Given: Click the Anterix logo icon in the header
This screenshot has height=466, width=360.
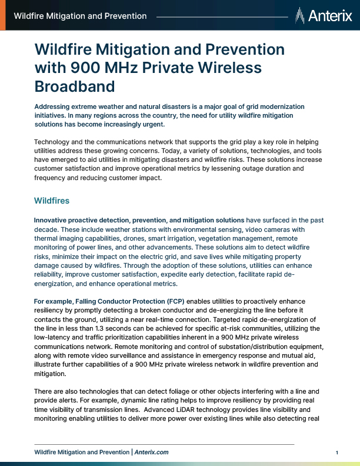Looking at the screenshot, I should tap(300, 15).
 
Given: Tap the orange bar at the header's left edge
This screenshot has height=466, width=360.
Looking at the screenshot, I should tap(3, 15).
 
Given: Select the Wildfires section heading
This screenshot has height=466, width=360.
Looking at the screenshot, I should tap(52, 201).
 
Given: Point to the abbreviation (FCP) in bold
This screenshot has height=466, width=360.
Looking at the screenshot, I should tap(174, 301).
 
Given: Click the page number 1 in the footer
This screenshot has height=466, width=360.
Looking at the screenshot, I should tap(336, 452).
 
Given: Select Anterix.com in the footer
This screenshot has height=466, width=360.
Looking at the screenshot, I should tap(151, 452).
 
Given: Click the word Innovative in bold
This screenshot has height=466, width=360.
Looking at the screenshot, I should tap(53, 220).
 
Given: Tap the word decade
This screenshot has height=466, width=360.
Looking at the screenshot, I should tap(48, 229).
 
